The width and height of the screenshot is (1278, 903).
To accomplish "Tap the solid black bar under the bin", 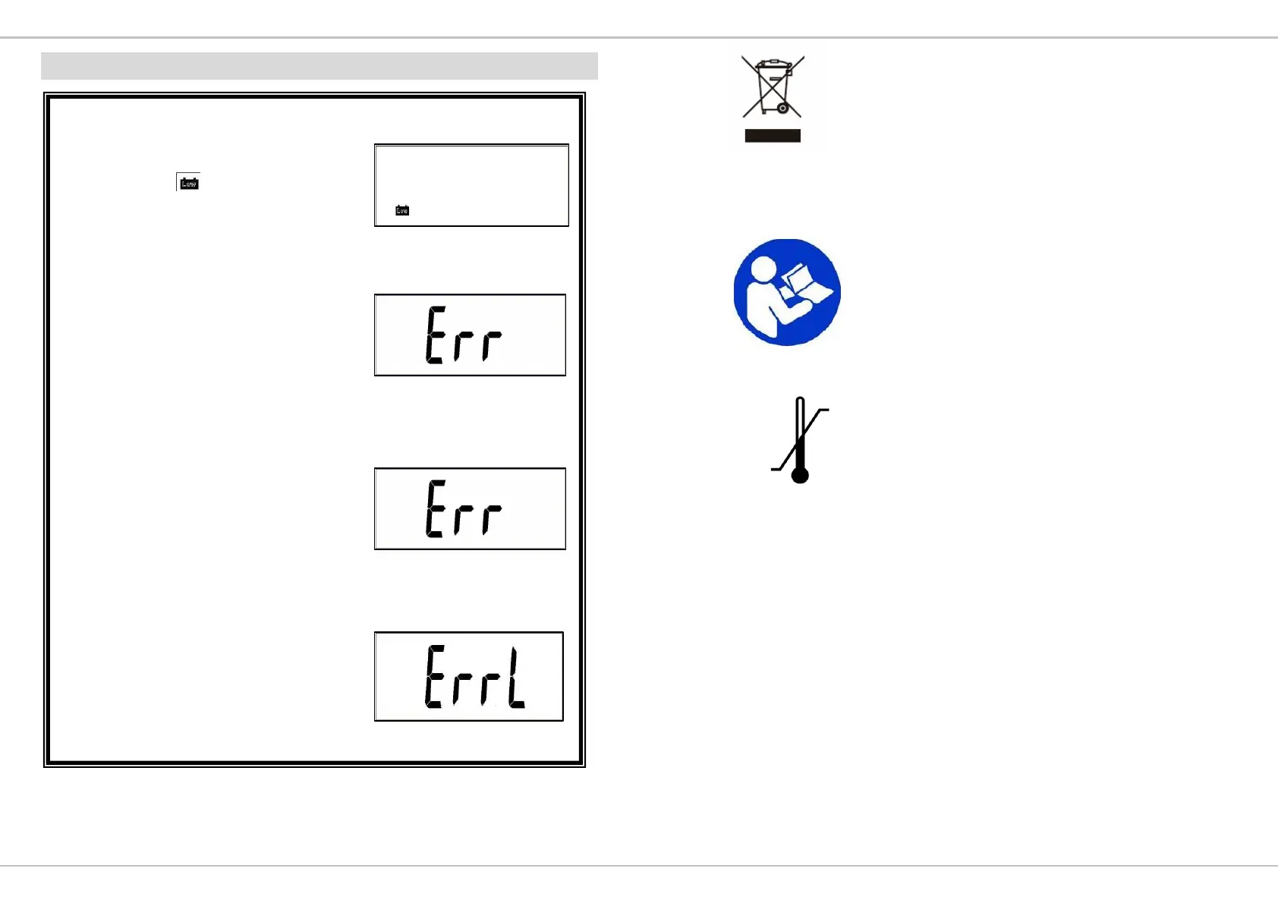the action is tap(773, 136).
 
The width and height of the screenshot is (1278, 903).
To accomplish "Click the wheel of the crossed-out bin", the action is tap(782, 109).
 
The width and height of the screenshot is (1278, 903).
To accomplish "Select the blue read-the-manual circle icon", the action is tap(787, 292).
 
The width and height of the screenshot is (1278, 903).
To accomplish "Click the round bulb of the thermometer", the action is tap(800, 475).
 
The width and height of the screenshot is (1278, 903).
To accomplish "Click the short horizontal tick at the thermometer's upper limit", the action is tap(823, 410).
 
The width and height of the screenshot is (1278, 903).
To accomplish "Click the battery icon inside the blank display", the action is tap(402, 210).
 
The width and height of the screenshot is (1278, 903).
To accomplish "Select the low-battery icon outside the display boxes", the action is tap(188, 183).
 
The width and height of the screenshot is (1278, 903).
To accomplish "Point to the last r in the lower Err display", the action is tap(491, 518).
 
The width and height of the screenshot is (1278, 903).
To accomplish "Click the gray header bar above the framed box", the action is tap(319, 66).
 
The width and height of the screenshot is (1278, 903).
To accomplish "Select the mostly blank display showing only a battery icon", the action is tap(471, 185).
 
